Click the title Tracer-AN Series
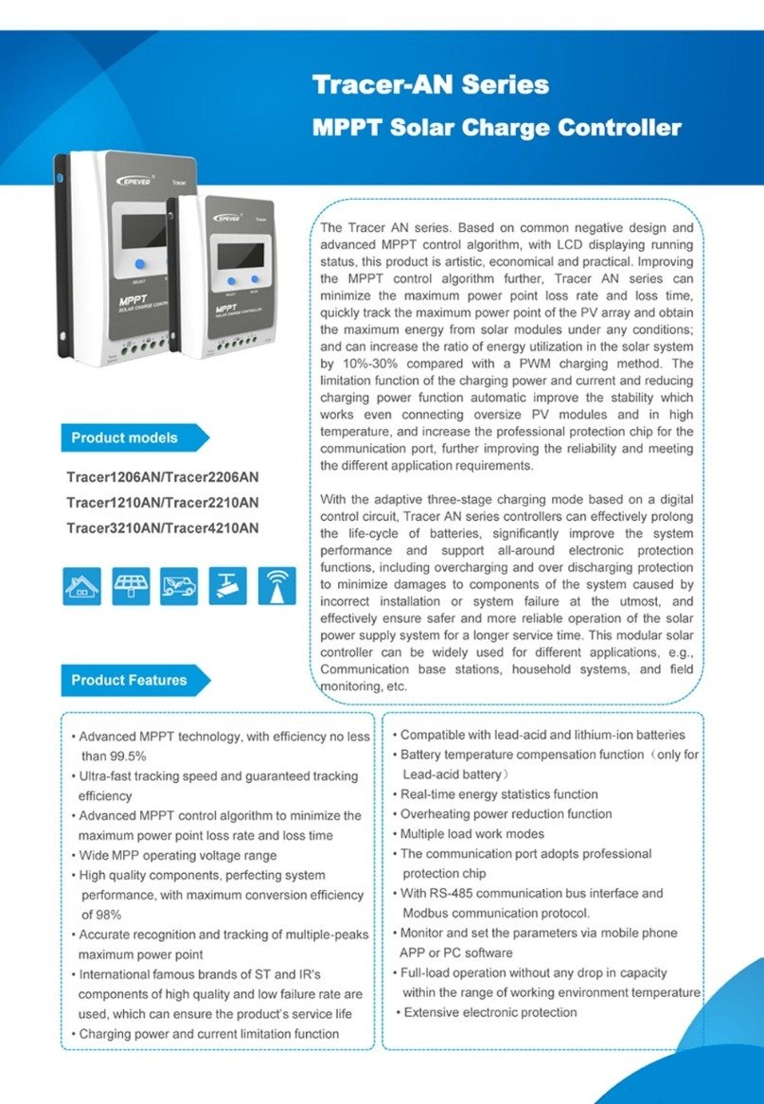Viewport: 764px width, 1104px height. [x=431, y=84]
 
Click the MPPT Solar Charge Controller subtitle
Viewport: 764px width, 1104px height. [x=496, y=127]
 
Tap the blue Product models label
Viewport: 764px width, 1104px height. [x=124, y=437]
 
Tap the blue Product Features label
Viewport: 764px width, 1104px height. [x=129, y=680]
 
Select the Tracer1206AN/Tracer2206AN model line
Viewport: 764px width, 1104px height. [x=162, y=476]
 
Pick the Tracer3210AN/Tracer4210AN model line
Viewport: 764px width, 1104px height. [x=162, y=527]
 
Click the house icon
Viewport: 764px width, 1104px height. [x=82, y=585]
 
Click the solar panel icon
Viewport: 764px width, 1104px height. [x=131, y=585]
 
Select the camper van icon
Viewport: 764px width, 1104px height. [x=179, y=585]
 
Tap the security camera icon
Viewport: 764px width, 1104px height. [x=227, y=585]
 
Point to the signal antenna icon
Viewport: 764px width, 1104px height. [x=275, y=585]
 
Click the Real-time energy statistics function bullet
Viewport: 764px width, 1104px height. [x=498, y=794]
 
